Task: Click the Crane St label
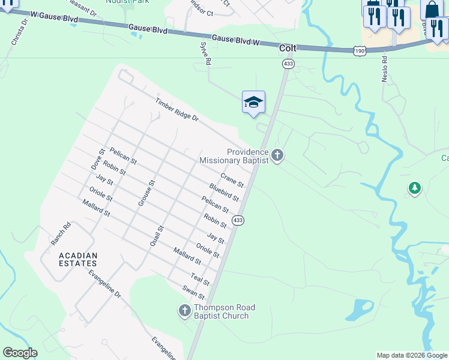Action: [232, 179]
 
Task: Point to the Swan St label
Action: [194, 292]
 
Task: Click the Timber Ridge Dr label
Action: [176, 110]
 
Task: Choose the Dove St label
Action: [97, 160]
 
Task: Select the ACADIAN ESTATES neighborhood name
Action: [78, 259]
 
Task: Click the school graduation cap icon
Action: [253, 102]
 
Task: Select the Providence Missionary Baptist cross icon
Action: [277, 155]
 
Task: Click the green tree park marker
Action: [414, 188]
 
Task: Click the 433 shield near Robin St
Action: [238, 220]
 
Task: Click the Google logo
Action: [19, 353]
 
